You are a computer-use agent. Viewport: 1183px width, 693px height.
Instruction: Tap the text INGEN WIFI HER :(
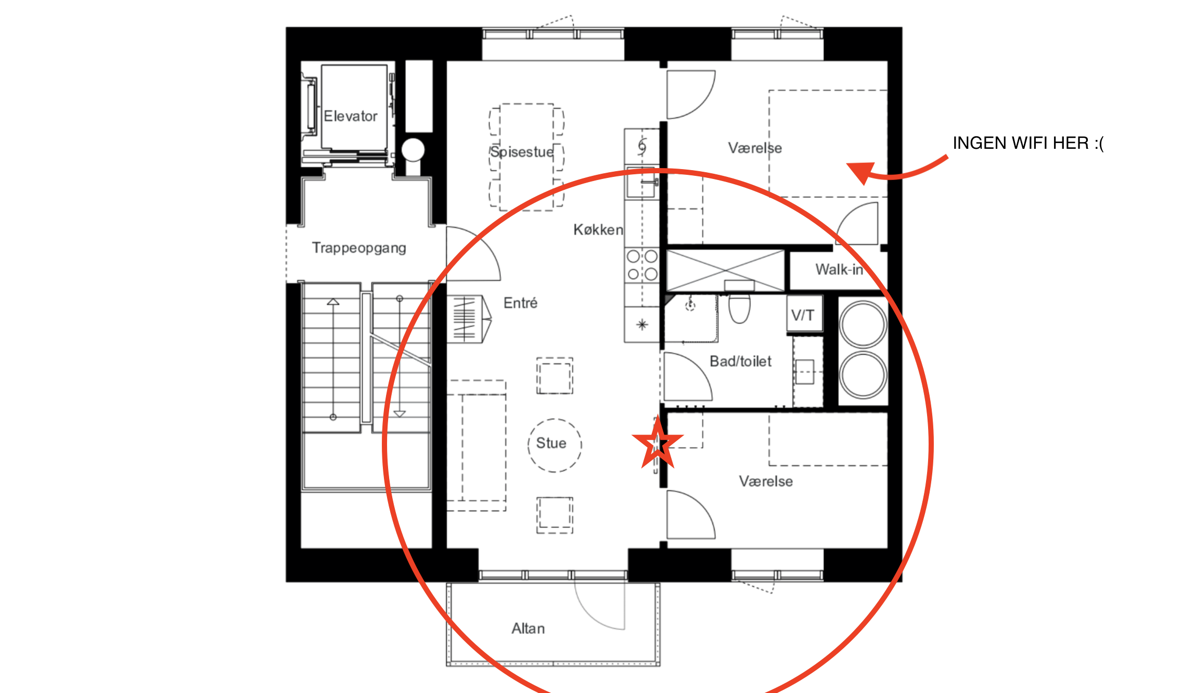(x=1028, y=143)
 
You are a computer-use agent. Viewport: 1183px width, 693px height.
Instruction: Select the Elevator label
(x=350, y=116)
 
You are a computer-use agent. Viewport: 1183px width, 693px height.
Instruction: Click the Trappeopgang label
(x=359, y=248)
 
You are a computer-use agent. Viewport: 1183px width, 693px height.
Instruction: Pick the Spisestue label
(x=522, y=152)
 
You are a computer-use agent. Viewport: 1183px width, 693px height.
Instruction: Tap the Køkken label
(x=598, y=229)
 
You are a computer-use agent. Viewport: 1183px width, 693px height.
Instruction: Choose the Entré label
(x=520, y=303)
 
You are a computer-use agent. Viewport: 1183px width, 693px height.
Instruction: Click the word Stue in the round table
(x=551, y=443)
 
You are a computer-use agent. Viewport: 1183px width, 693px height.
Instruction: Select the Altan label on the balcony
(x=528, y=628)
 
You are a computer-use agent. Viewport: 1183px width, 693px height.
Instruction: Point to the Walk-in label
(x=839, y=269)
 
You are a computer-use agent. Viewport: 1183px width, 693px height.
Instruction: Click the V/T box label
(x=803, y=315)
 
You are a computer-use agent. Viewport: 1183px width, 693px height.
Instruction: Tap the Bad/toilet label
(x=741, y=361)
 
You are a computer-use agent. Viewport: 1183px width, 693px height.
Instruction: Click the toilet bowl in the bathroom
(x=739, y=308)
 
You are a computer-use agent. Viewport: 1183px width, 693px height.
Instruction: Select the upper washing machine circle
(x=863, y=324)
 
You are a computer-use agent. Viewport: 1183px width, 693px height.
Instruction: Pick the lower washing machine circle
(x=863, y=375)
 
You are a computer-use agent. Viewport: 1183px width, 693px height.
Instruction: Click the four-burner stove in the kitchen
(x=642, y=265)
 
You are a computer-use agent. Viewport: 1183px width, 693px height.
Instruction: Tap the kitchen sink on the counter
(x=642, y=183)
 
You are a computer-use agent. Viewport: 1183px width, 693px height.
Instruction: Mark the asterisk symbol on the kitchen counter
(x=642, y=325)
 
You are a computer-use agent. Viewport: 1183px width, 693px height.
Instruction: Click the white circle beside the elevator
(x=413, y=150)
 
